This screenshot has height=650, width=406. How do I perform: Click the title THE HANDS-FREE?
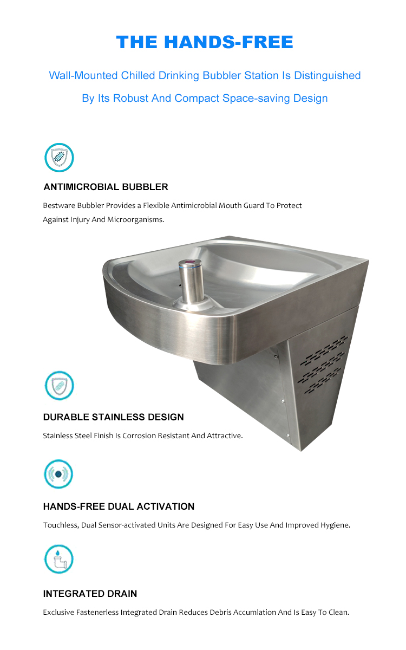pyautogui.click(x=205, y=42)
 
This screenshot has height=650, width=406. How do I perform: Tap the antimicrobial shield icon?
pyautogui.click(x=58, y=158)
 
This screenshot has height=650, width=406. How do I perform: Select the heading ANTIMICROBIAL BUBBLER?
pyautogui.click(x=106, y=187)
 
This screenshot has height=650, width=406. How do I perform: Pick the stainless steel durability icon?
pyautogui.click(x=58, y=386)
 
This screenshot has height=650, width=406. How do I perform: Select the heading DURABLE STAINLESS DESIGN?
pyautogui.click(x=113, y=417)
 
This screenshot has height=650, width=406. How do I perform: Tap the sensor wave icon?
pyautogui.click(x=58, y=474)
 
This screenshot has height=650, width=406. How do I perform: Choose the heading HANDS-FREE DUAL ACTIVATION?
pyautogui.click(x=119, y=506)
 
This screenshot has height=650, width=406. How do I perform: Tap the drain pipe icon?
pyautogui.click(x=58, y=559)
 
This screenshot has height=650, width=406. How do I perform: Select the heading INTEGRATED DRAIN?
pyautogui.click(x=90, y=594)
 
